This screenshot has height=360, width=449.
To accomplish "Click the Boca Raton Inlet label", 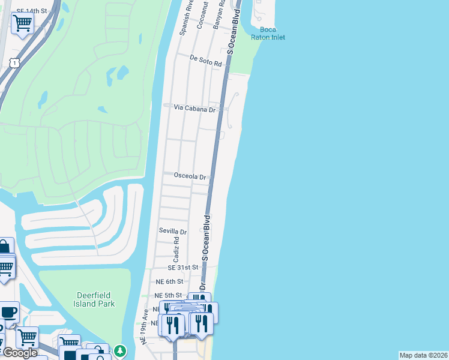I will (x=273, y=33).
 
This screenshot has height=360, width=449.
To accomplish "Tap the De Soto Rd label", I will (x=206, y=59).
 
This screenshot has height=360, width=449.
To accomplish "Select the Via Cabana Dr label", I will (x=194, y=109).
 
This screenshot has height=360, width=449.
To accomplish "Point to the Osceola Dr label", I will (x=190, y=177).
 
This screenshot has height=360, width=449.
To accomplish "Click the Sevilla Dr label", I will (x=173, y=231).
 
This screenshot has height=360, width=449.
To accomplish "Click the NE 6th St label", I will (x=169, y=281).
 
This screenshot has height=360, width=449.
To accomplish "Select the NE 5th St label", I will (x=169, y=295).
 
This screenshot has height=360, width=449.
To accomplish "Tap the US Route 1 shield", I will (x=14, y=62).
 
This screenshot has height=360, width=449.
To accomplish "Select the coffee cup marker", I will (x=9, y=313).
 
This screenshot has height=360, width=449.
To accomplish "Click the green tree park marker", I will (x=121, y=350).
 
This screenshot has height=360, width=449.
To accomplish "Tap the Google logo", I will (x=20, y=353).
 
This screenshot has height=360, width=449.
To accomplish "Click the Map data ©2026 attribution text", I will (x=423, y=355).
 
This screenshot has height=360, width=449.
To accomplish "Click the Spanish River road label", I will (x=185, y=16).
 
